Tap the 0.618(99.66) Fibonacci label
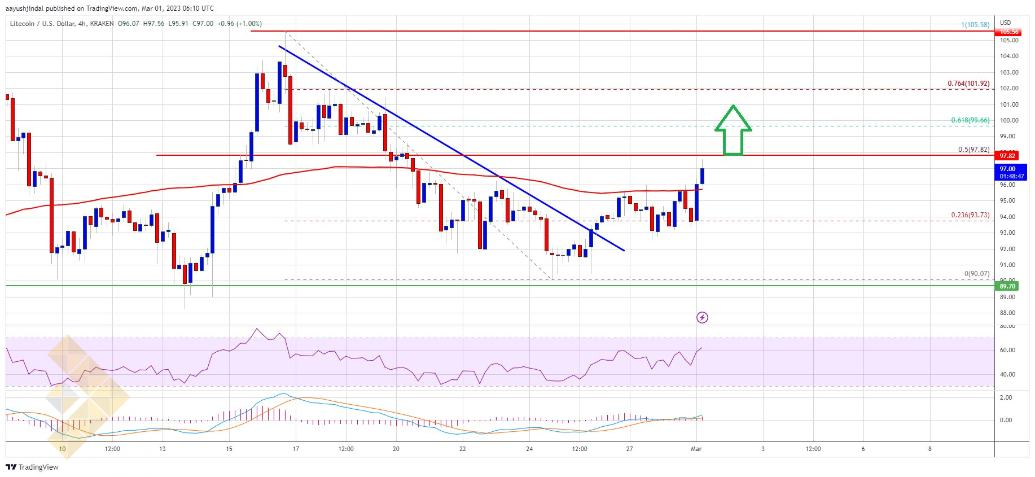(x=970, y=120)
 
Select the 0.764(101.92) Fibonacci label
(x=968, y=84)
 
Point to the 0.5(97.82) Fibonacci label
(x=973, y=150)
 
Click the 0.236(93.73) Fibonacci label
(x=970, y=215)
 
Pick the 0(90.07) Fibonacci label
(x=976, y=274)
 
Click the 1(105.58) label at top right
(x=976, y=25)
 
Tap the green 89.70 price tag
(x=1007, y=286)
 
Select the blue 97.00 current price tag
(x=1007, y=169)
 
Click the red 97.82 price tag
(x=1007, y=156)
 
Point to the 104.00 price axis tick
(x=1009, y=56)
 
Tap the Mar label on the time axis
(x=696, y=449)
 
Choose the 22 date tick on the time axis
(x=463, y=449)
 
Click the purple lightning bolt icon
(x=702, y=318)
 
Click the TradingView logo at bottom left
(x=32, y=467)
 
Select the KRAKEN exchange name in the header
(x=101, y=24)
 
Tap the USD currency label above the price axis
(x=1005, y=23)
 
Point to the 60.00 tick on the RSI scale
(x=1008, y=350)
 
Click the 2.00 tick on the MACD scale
(x=1006, y=397)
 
